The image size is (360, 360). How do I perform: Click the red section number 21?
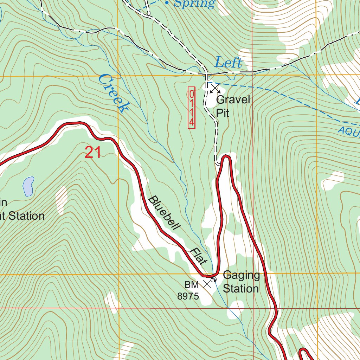coord(93,153)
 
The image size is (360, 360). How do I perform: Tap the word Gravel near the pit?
coord(233,100)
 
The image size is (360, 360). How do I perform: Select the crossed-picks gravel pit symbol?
coord(214,88)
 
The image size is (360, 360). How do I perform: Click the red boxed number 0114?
coord(192,108)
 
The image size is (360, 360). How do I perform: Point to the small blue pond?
coord(28,186)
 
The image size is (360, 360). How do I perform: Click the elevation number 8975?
coord(188,296)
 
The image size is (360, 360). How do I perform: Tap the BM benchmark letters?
coord(192,284)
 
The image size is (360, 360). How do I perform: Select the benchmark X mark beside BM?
coord(207,283)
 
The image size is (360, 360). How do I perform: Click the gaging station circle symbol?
coord(213,279)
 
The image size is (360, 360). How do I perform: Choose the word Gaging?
coord(241,275)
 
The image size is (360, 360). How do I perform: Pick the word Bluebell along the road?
coord(164,213)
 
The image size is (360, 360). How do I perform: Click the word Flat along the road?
coord(199,256)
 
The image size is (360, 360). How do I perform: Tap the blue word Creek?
coord(112,94)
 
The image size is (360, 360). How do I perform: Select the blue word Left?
coord(229,63)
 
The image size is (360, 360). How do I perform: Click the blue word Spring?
coord(194,4)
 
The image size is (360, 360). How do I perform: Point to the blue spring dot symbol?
coord(167,3)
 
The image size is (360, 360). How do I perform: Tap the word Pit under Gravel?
coord(223,113)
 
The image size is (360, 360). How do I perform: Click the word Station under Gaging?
coord(241,289)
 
